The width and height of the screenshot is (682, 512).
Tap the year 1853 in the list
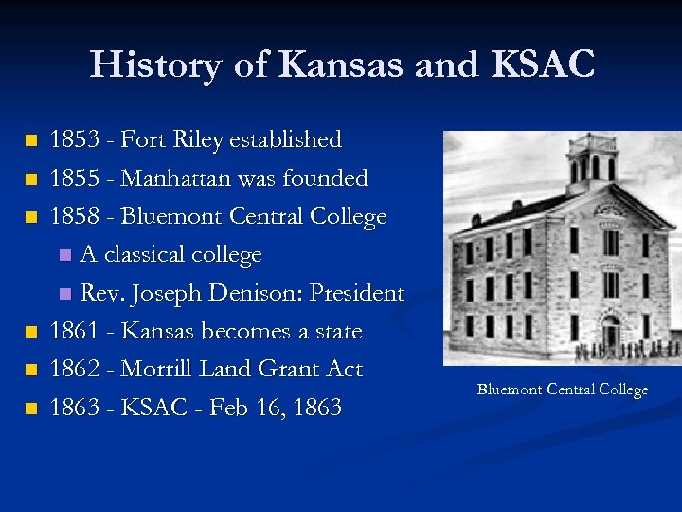coord(76,140)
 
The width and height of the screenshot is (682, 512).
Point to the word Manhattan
coord(179,178)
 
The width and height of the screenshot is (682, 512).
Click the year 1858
coord(76,216)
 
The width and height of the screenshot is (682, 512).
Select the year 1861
coord(76,331)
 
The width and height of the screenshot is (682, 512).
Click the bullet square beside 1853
coord(32,141)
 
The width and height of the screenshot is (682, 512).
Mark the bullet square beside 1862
coord(32,370)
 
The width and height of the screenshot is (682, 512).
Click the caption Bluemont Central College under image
coord(562,390)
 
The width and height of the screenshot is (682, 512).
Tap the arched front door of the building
coord(611,332)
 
